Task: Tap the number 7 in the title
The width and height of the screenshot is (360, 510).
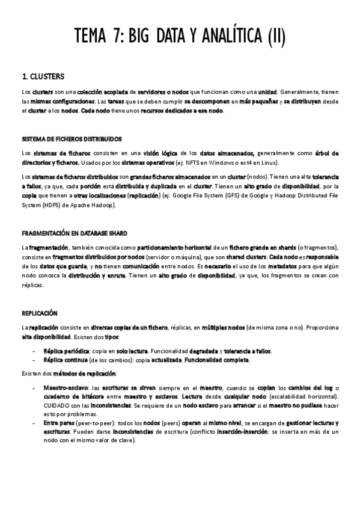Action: point(114,38)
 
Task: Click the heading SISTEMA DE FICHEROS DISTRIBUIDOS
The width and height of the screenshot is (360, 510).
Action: point(72,138)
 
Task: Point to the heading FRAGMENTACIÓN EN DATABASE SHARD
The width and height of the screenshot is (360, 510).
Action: point(74,233)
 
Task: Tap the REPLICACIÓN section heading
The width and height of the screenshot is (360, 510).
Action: point(40,313)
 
